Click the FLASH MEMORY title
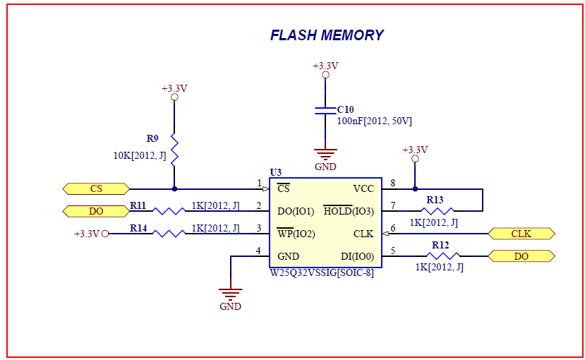click(327, 35)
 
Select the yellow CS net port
click(96, 188)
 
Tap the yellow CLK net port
click(521, 234)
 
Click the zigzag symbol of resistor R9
click(174, 149)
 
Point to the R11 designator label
click(138, 205)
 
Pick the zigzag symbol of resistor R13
click(438, 211)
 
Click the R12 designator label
click(440, 245)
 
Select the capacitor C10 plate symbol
click(325, 110)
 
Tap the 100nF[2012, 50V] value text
click(375, 121)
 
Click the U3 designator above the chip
click(276, 172)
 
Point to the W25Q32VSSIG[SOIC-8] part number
click(322, 273)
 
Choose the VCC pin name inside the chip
click(363, 188)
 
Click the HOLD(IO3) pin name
click(349, 211)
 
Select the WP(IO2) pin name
click(296, 234)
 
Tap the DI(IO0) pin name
click(357, 257)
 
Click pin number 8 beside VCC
click(393, 183)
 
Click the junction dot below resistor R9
click(174, 189)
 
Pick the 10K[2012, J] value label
click(140, 155)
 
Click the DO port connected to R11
click(96, 211)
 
